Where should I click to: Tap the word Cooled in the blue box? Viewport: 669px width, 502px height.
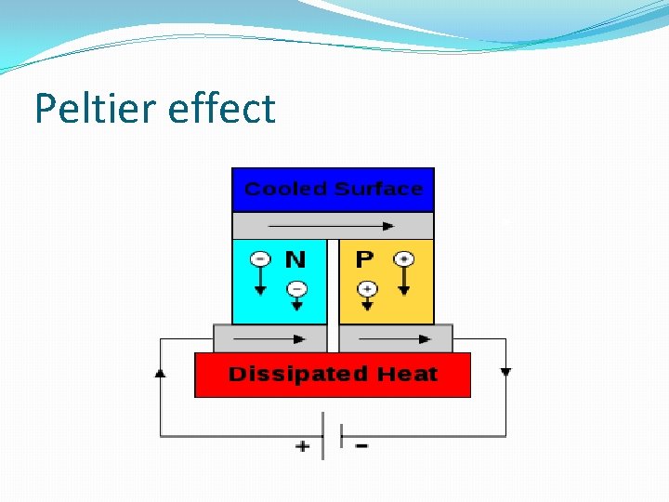click(285, 190)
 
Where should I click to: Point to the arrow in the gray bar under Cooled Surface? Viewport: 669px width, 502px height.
click(333, 225)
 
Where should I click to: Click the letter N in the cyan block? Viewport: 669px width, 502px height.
click(295, 258)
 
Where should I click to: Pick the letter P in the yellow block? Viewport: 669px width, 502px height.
click(365, 258)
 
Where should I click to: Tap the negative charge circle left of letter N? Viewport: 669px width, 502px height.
click(261, 258)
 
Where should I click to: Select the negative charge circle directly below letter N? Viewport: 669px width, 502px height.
click(295, 288)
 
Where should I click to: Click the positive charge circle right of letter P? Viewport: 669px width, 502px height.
click(403, 258)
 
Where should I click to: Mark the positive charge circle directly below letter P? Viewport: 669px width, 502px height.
click(367, 288)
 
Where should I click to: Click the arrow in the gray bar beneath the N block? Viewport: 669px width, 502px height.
click(270, 338)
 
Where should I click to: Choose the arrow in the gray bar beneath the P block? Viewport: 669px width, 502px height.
click(395, 338)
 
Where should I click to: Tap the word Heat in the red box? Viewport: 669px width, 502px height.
click(407, 375)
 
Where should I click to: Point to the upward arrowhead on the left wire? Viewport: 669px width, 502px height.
click(161, 373)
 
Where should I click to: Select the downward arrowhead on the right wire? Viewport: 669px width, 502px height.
click(505, 372)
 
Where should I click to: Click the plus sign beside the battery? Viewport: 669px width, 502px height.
click(303, 446)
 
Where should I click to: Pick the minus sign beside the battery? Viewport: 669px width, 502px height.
click(361, 445)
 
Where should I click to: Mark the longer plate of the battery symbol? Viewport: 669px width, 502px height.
click(323, 436)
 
